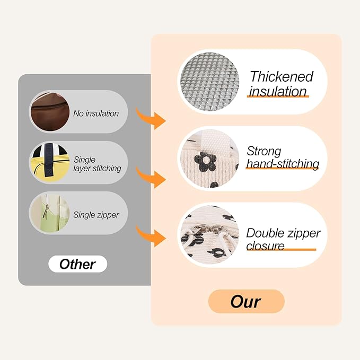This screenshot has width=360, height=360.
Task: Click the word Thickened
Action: [282, 76]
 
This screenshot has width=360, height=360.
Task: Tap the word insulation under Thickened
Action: [278, 91]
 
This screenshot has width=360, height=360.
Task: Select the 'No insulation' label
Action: [96, 113]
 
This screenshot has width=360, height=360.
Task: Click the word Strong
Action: [264, 152]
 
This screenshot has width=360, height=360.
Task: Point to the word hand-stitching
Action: [283, 164]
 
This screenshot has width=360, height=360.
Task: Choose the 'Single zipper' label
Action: [96, 215]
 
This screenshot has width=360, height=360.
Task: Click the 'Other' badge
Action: [77, 264]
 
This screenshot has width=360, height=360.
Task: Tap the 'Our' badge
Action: [247, 302]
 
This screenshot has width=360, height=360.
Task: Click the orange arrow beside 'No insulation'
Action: [151, 118]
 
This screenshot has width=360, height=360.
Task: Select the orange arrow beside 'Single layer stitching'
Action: [151, 178]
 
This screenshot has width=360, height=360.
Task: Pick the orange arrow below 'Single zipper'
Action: [151, 236]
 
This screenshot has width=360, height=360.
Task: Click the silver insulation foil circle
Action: [210, 82]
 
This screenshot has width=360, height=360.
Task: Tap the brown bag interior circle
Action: [50, 112]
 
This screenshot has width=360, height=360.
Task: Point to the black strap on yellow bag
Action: [48, 160]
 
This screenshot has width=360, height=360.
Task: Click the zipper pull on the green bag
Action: [46, 212]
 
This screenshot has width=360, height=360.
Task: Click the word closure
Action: [265, 246]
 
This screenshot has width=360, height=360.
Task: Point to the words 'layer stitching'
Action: [97, 169]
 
